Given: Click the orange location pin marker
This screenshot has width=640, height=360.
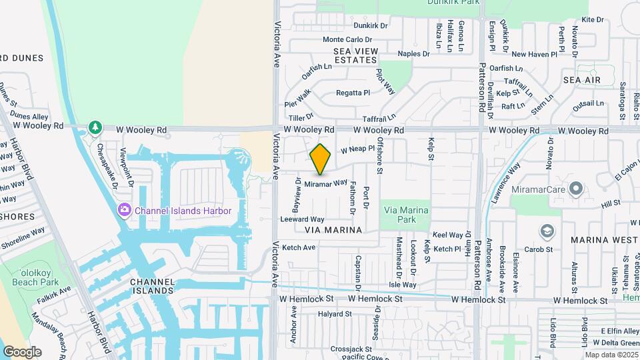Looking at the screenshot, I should click(x=321, y=159).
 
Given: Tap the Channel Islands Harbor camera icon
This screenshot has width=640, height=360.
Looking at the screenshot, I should click(x=124, y=211).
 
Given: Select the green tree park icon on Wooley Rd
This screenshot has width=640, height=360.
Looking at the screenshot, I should click(x=95, y=127).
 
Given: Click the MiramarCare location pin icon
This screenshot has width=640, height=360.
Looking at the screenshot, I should click(x=577, y=188).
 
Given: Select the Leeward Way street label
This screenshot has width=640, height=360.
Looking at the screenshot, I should click(x=302, y=219).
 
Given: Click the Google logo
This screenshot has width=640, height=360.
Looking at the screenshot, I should click(x=22, y=352).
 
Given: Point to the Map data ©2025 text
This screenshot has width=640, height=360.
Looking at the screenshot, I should click(x=611, y=355).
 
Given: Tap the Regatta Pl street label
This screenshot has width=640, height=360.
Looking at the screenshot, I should click(x=353, y=93).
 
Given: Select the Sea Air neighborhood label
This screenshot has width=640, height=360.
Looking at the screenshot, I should click(x=581, y=80).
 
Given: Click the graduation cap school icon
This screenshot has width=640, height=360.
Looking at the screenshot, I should click(x=547, y=231).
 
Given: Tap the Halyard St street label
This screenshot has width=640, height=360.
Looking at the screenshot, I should click(x=335, y=314).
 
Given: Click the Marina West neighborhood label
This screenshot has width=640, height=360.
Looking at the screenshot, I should click(x=604, y=239).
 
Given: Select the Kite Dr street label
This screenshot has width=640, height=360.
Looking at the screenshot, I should click(x=592, y=20).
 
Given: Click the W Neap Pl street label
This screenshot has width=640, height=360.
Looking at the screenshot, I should click(x=357, y=150).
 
